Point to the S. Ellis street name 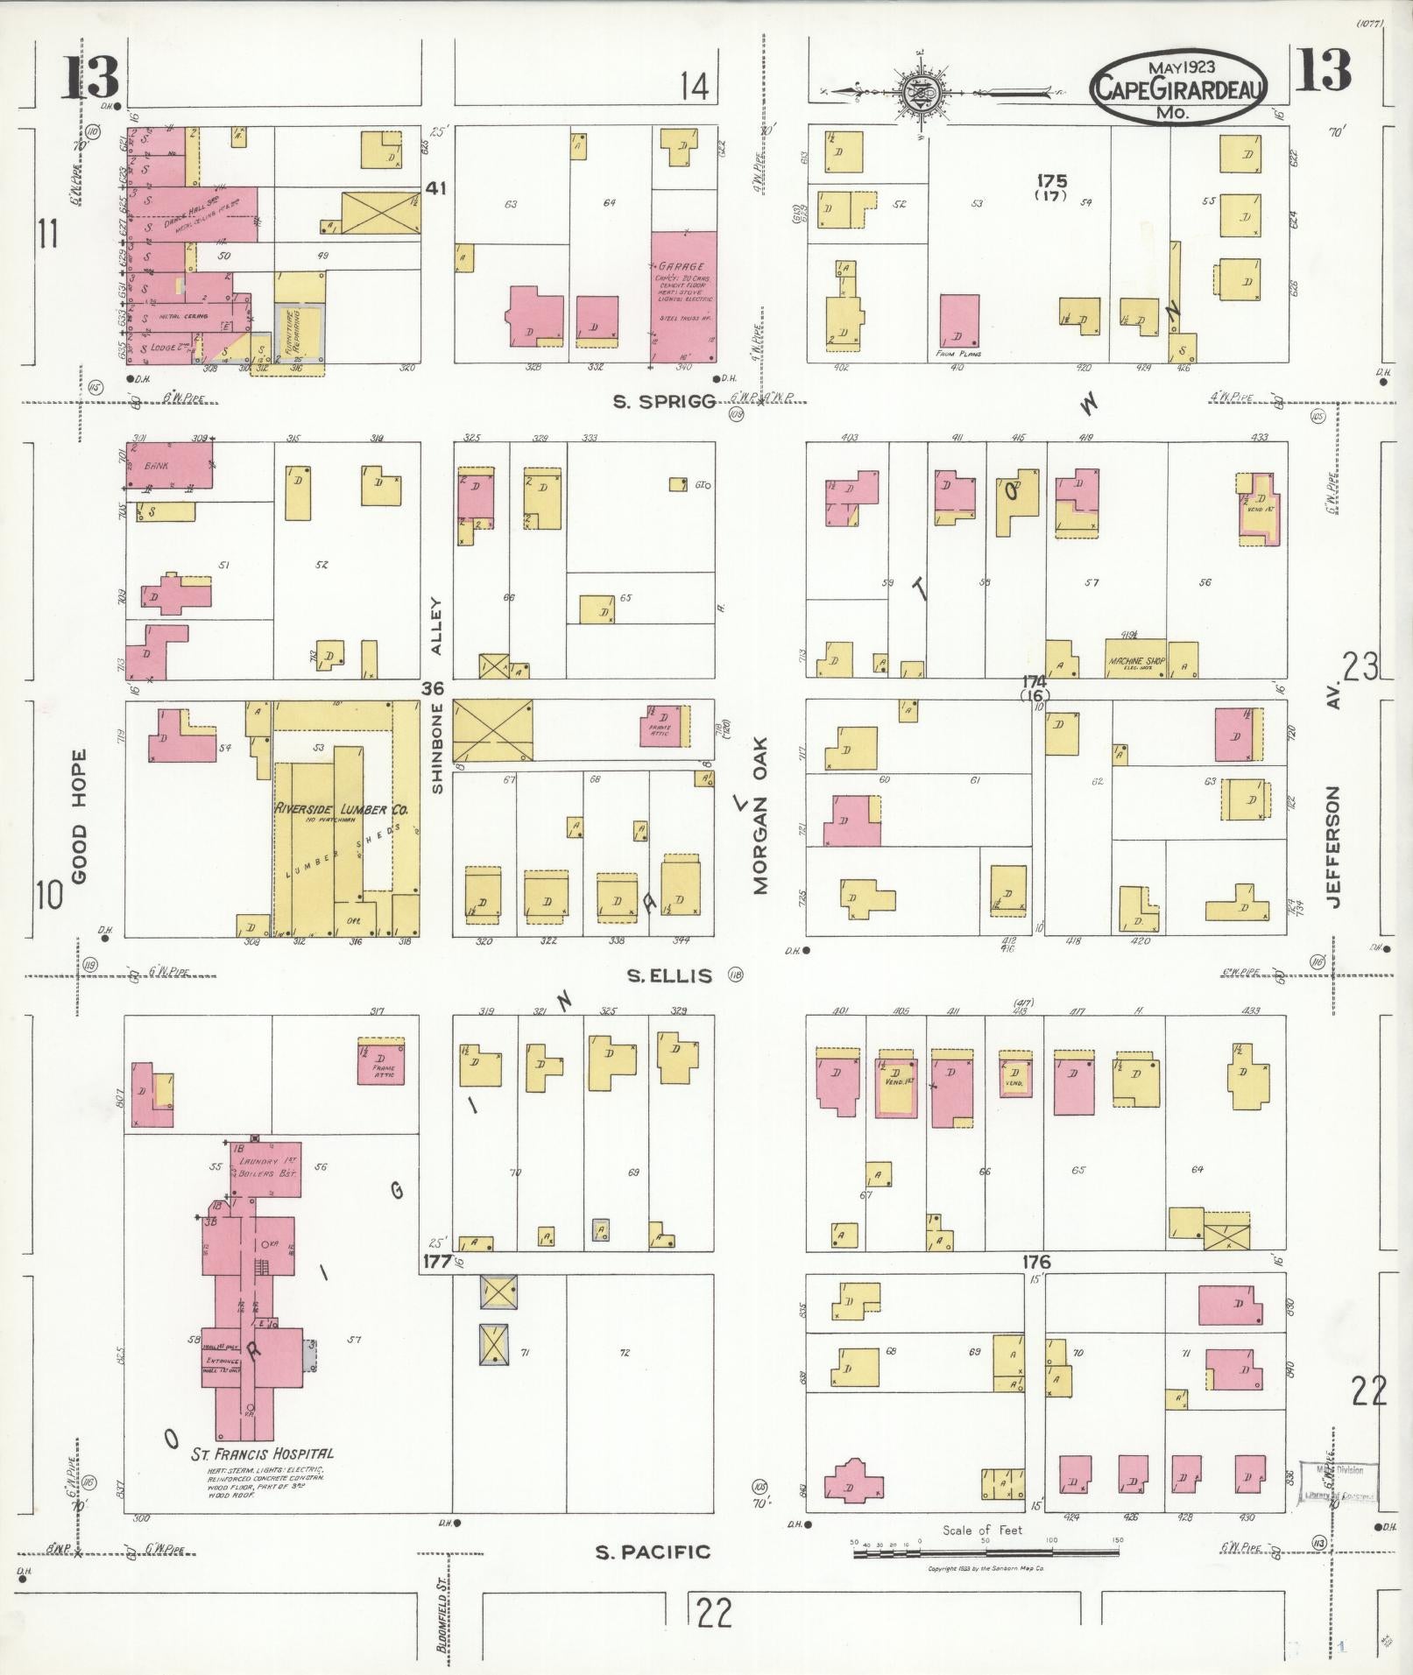pos(670,975)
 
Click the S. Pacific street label pos(653,1552)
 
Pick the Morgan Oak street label pos(759,827)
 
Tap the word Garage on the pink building pos(682,266)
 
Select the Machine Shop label pos(1135,661)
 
